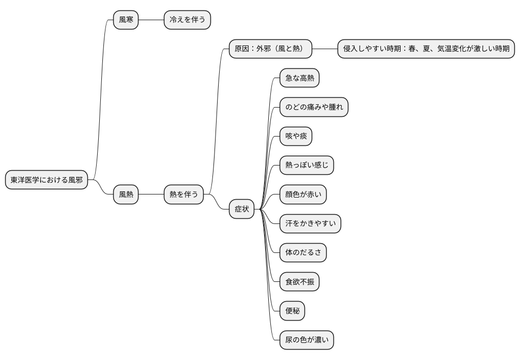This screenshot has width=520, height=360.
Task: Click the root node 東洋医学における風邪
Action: [x=47, y=180]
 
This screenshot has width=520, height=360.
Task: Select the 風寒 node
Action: [x=126, y=20]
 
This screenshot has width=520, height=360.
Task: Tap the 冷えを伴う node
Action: [x=187, y=20]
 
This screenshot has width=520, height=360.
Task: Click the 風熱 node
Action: [x=126, y=194]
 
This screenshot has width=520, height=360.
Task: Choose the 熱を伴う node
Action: [x=183, y=194]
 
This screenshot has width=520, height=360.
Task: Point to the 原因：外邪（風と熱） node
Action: [x=271, y=49]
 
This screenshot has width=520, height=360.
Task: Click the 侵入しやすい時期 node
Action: [x=426, y=49]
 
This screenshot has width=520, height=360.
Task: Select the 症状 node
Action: [x=242, y=209]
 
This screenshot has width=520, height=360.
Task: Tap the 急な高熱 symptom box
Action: [x=299, y=78]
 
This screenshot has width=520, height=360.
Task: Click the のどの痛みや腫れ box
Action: [x=314, y=107]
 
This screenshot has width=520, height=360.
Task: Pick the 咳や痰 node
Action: [x=296, y=136]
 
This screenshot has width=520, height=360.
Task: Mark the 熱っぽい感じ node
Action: [x=307, y=165]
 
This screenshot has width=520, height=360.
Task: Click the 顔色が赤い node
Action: [x=303, y=194]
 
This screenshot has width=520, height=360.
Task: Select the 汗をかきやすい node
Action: [x=311, y=223]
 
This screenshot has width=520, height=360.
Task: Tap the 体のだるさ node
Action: [x=303, y=252]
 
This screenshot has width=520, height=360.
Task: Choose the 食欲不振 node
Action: [x=299, y=282]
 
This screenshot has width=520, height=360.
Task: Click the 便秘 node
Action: [x=292, y=311]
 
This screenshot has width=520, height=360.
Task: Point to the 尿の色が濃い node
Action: [x=307, y=340]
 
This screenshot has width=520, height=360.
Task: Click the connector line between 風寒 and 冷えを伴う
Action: [x=151, y=20]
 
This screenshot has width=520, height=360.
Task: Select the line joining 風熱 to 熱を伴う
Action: [x=151, y=194]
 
